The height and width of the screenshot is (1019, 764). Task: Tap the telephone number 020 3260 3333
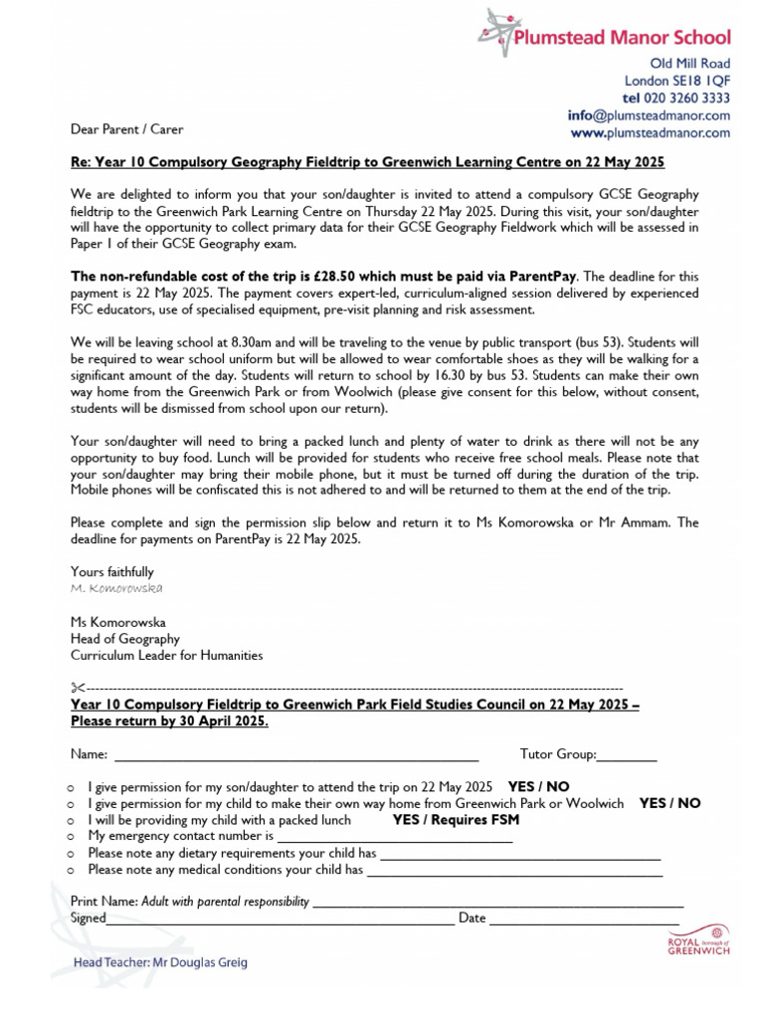[676, 98]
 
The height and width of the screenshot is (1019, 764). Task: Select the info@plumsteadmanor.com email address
[649, 114]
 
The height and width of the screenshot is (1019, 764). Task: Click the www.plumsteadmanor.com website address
[650, 131]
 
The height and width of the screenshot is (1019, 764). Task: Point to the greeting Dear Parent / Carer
[126, 129]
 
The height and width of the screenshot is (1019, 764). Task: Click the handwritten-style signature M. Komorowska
[116, 588]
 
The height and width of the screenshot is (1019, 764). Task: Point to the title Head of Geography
[124, 639]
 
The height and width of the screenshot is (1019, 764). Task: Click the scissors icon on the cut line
[77, 688]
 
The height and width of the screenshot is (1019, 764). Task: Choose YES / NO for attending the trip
[538, 785]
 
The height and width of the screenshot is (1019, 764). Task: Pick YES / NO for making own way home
[669, 802]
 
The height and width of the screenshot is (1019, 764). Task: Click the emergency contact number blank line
[394, 839]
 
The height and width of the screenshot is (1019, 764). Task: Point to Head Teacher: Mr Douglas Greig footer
[160, 962]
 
